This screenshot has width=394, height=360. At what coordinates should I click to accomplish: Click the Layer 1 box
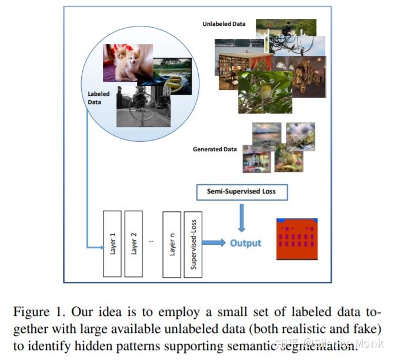113,244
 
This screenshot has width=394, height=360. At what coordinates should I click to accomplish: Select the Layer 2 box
133,244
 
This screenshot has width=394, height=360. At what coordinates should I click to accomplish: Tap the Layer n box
172,244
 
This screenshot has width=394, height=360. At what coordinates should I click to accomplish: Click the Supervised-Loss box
193,244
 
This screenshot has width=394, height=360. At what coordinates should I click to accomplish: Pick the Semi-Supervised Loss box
241,192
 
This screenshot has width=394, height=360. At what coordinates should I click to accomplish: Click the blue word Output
245,243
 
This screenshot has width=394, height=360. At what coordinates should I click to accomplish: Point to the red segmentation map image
298,239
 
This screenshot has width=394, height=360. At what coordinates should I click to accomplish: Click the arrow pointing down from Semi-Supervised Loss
241,218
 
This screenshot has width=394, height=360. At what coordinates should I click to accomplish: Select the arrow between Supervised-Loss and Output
214,242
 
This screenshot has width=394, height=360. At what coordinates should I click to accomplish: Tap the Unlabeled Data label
223,24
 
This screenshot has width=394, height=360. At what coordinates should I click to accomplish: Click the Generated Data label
215,149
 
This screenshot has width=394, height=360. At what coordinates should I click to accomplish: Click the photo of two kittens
128,63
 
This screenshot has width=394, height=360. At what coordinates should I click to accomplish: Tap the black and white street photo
143,106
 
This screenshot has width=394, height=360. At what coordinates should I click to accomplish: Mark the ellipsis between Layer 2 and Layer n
152,242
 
